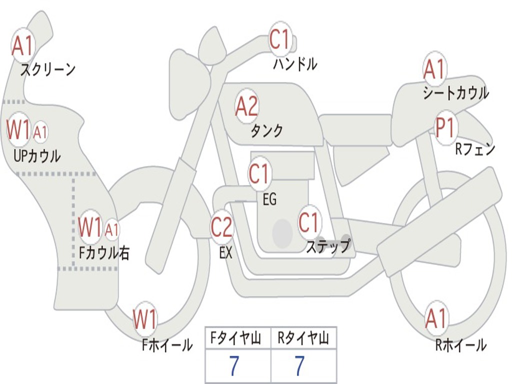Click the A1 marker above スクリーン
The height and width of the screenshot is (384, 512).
pos(22,46)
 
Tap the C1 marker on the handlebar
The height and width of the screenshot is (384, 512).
pos(280,39)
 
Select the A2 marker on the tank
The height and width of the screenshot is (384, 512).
pos(246,106)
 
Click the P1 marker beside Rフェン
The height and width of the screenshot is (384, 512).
pos(444,128)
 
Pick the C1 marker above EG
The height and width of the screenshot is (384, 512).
pos(259,174)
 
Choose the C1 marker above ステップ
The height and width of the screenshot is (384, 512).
pos(309,222)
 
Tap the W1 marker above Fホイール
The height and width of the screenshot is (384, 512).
pos(145,319)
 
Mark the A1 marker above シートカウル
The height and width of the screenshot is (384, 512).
pos(434,69)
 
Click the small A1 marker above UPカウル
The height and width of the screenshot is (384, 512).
pos(40,132)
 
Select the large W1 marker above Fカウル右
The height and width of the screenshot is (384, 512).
pos(90,227)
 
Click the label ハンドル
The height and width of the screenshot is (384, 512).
pos(295,64)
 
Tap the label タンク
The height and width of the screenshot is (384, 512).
pos(266,131)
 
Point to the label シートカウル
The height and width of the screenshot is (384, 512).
pos(455,93)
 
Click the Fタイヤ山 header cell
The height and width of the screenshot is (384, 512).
pos(237,339)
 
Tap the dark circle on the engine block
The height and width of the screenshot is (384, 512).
pos(282,233)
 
